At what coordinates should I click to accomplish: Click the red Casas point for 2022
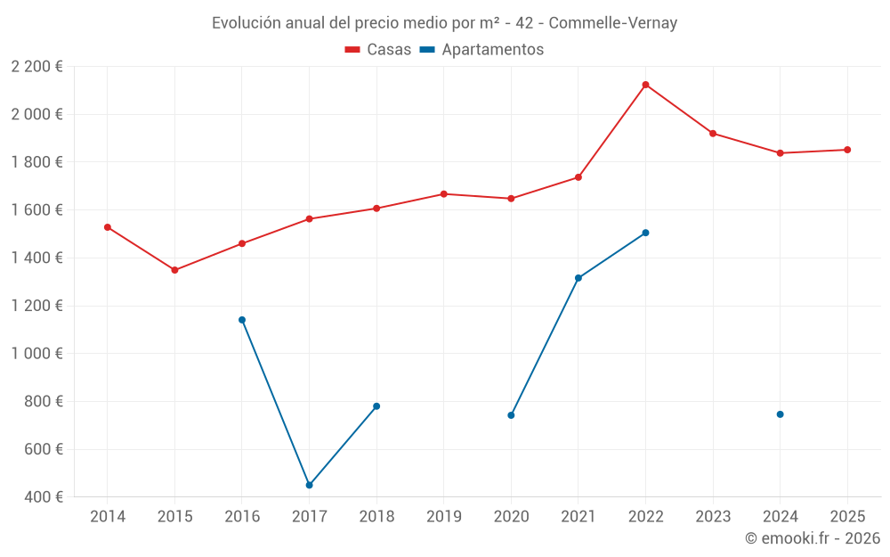645,85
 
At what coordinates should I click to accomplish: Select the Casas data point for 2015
174,270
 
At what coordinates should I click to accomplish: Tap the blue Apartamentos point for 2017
309,485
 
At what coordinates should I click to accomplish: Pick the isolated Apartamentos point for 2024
780,414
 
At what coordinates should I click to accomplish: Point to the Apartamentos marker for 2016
242,320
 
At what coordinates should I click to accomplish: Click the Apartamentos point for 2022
645,233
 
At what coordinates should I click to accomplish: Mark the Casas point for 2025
847,150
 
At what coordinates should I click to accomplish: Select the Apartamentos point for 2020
511,415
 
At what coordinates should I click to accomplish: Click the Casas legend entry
378,50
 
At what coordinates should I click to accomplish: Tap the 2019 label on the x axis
443,517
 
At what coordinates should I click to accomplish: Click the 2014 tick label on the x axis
108,517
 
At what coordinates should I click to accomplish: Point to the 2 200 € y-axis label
37,67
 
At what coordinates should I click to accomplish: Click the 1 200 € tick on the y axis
37,306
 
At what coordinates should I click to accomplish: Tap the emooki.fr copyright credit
812,538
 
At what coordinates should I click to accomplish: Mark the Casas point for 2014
108,227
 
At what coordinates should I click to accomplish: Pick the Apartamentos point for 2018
376,406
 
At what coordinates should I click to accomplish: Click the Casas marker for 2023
713,134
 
